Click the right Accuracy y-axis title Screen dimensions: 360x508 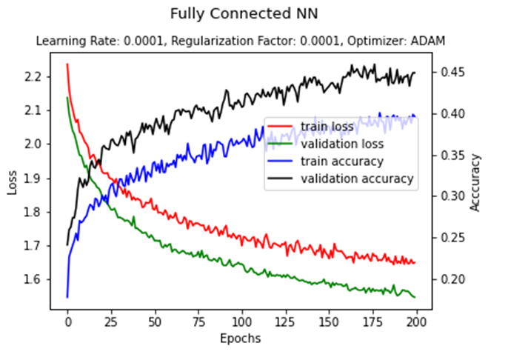(x=475, y=182)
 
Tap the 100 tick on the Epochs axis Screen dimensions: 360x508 (x=241, y=322)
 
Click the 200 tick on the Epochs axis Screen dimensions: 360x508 (x=415, y=322)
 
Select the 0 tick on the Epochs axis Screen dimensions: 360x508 (x=67, y=322)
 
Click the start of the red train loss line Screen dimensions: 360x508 (x=67, y=64)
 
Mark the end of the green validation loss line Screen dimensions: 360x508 (x=415, y=297)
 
